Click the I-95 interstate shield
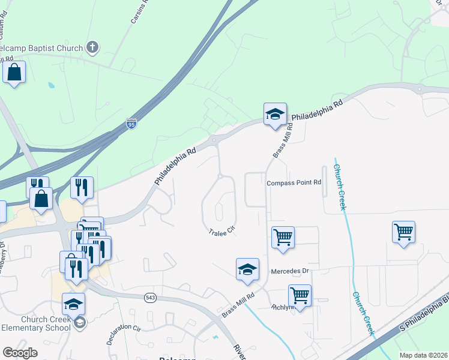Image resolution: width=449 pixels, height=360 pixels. coord(131,125)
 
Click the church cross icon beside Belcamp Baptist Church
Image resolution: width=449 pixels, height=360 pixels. coord(92,46)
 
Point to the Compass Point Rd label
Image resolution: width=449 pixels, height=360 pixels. coord(294,182)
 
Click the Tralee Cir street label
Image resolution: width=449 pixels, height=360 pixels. coord(221,232)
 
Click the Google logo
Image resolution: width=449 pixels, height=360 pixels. coord(20,353)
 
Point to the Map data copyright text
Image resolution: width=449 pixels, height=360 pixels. coord(423,355)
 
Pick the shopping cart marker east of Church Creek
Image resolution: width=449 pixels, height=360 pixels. coord(404,231)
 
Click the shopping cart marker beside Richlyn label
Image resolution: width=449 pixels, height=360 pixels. coord(300,295)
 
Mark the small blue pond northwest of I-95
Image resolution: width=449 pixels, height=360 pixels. coord(51,85)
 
